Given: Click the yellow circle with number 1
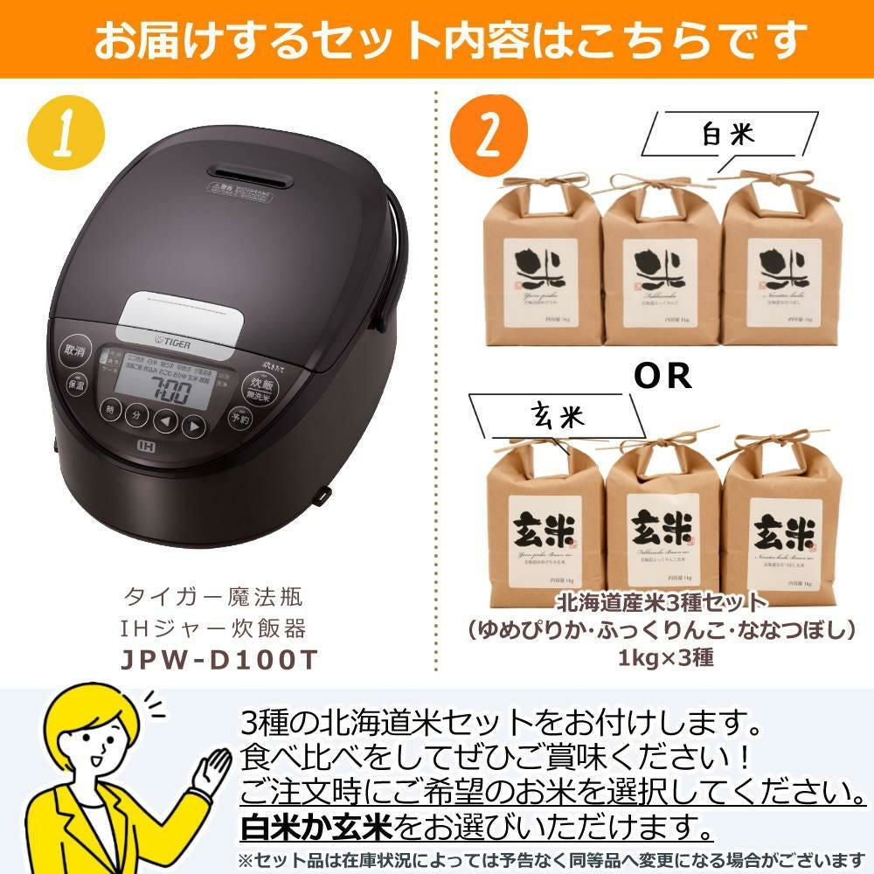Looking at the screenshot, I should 66,134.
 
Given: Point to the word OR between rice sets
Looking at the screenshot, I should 662,376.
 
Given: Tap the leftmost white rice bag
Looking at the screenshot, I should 544,262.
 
